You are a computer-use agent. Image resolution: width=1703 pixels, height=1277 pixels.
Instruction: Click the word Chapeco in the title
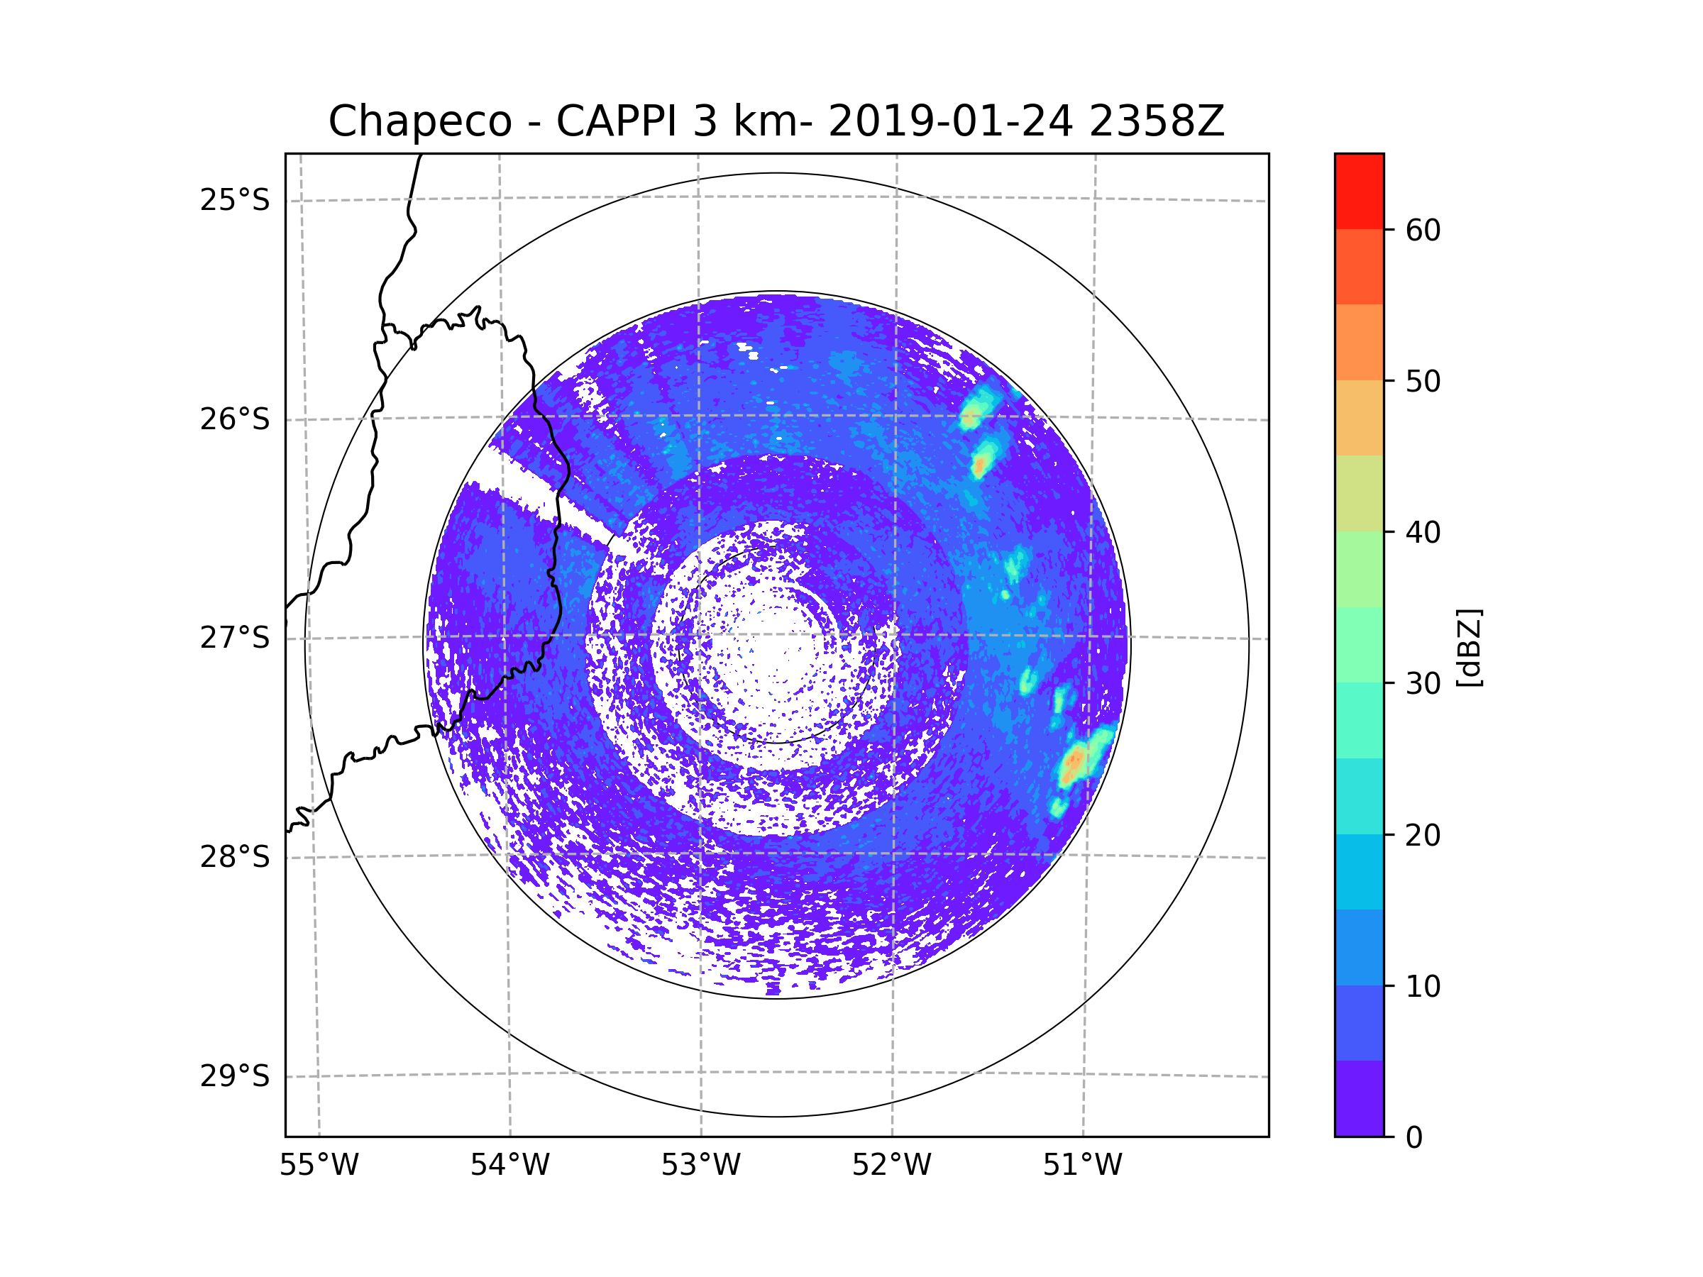point(419,121)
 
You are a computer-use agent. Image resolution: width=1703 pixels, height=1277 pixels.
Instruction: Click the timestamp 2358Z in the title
point(1156,121)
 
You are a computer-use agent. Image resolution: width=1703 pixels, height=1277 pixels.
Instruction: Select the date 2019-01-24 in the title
point(950,121)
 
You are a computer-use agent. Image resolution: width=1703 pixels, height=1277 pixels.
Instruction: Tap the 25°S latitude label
point(235,200)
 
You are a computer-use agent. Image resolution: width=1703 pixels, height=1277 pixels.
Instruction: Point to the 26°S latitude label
point(235,419)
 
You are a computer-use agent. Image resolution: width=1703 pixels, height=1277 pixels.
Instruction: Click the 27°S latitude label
point(235,638)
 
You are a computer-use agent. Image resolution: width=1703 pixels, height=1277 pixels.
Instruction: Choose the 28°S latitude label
point(235,857)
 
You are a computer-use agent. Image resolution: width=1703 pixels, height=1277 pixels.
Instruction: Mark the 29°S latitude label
point(235,1076)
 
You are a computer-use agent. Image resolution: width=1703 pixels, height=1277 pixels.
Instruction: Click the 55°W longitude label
point(319,1166)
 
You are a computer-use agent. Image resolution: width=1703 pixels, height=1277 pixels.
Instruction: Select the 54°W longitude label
point(509,1166)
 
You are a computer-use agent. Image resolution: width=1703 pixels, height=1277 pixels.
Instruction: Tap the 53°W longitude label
point(700,1166)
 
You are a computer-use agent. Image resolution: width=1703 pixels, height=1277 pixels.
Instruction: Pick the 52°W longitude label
point(891,1166)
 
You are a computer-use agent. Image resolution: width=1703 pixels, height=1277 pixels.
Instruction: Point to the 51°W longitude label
point(1082,1166)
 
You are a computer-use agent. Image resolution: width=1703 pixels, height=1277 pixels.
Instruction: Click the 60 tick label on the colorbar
point(1423,230)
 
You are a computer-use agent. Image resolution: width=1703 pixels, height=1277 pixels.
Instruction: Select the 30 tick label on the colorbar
point(1423,683)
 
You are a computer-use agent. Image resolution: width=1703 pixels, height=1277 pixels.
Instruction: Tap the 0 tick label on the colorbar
point(1414,1138)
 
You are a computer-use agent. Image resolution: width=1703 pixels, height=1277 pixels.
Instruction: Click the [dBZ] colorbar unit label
point(1469,647)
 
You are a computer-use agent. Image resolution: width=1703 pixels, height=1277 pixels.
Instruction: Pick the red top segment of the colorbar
point(1359,191)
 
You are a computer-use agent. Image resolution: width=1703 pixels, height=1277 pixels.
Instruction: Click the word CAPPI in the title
point(617,121)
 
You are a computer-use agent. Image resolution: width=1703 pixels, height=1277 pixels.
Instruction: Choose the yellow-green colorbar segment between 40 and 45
point(1359,493)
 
